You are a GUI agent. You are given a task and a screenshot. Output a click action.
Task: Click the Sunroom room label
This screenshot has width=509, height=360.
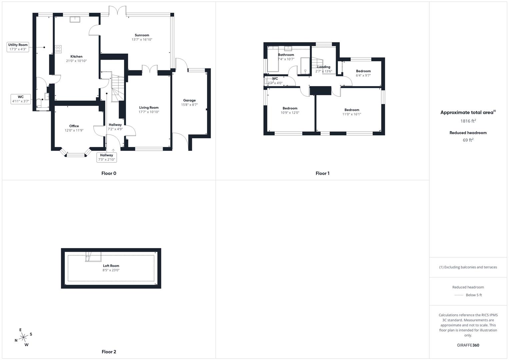[142, 35]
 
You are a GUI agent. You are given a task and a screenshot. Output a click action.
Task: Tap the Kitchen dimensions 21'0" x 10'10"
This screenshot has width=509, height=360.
[76, 61]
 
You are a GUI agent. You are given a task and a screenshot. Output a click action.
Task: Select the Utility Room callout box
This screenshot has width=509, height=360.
[18, 47]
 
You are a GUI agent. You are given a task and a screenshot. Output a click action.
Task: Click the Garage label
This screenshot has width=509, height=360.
[189, 100]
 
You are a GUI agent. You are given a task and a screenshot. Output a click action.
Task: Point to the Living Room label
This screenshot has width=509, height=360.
[149, 108]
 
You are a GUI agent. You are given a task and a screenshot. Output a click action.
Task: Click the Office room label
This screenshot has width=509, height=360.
[74, 126]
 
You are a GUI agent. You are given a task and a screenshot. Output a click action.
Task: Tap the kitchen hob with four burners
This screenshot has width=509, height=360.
[58, 49]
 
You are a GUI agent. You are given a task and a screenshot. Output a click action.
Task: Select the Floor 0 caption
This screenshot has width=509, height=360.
[109, 173]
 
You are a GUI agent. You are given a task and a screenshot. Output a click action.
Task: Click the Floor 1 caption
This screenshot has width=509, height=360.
[322, 173]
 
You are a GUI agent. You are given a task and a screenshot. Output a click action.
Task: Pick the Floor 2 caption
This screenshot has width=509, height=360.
[109, 352]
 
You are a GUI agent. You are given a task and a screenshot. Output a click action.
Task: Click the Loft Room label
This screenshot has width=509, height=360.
[111, 266]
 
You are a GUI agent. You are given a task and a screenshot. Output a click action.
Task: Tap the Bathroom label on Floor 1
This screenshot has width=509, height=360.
[286, 55]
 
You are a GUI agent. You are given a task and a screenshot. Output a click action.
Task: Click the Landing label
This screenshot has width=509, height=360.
[324, 67]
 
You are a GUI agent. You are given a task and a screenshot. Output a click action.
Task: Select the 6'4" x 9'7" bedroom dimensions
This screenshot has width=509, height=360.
[363, 75]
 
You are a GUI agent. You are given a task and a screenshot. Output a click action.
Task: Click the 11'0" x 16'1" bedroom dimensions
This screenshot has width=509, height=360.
[352, 114]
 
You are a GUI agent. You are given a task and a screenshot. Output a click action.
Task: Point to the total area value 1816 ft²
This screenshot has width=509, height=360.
[468, 121]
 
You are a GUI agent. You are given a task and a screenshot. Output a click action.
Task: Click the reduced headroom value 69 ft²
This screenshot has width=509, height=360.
[468, 140]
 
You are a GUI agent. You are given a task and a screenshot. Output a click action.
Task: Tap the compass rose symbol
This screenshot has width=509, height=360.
[23, 337]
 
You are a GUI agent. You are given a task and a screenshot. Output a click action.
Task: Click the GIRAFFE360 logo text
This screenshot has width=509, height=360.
[468, 345]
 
